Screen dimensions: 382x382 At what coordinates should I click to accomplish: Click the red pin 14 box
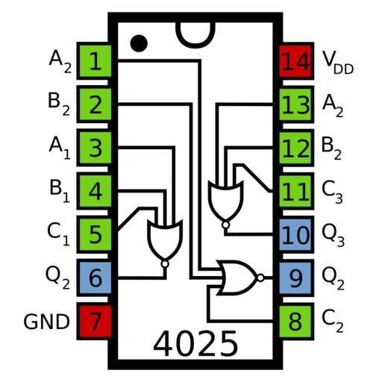click(x=296, y=61)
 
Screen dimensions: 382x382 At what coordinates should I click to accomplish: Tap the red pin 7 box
click(x=94, y=322)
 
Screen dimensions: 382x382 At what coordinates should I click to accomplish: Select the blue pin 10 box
click(x=296, y=234)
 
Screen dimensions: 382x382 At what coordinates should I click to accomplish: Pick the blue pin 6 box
click(x=94, y=278)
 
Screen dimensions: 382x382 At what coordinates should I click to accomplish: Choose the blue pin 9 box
click(x=296, y=278)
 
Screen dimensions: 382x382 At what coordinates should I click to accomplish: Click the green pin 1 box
click(x=94, y=61)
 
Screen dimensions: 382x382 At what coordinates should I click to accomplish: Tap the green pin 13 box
click(x=296, y=104)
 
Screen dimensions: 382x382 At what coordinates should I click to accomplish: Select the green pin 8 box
click(x=296, y=322)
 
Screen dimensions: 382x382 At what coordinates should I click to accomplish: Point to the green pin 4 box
click(x=94, y=191)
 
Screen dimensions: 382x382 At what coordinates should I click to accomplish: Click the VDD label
click(x=338, y=63)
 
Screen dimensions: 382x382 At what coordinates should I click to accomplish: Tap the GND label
click(x=46, y=322)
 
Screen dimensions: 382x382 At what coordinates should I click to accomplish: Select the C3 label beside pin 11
click(x=332, y=192)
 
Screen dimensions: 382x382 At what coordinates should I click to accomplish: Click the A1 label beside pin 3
click(x=60, y=148)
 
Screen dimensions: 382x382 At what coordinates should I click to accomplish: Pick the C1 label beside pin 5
click(x=58, y=234)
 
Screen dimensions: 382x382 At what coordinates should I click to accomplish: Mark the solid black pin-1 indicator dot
click(x=139, y=43)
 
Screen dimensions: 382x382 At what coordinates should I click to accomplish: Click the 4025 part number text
click(x=195, y=344)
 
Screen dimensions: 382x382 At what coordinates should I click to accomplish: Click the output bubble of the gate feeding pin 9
click(x=260, y=278)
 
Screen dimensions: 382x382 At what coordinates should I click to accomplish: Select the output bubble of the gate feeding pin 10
click(x=225, y=225)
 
